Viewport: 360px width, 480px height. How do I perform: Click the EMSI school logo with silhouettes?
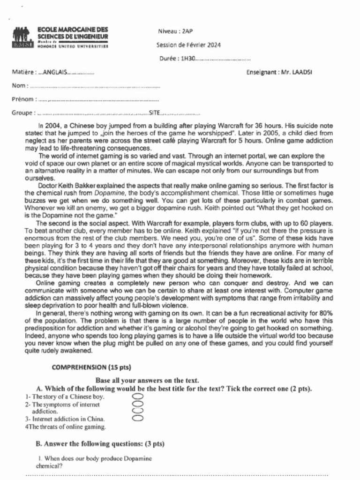(23, 37)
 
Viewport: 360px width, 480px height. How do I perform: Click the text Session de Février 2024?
(188, 45)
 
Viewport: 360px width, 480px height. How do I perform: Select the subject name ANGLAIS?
(55, 72)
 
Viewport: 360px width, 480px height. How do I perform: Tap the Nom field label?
(19, 86)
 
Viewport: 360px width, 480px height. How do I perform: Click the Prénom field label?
(22, 99)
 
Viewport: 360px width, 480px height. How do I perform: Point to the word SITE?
(155, 113)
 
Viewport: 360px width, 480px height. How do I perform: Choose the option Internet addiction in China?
(68, 419)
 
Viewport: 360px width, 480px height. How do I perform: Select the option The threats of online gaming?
(67, 427)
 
